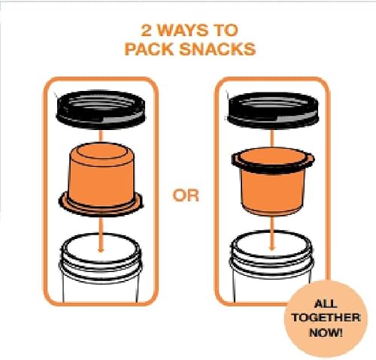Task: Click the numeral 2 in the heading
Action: pyautogui.click(x=147, y=32)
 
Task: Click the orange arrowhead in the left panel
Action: pyautogui.click(x=100, y=238)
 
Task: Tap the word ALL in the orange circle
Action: pyautogui.click(x=314, y=305)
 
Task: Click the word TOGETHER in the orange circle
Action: pyautogui.click(x=314, y=318)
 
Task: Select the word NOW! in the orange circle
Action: pyautogui.click(x=314, y=331)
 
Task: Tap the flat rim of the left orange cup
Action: pyautogui.click(x=100, y=204)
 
